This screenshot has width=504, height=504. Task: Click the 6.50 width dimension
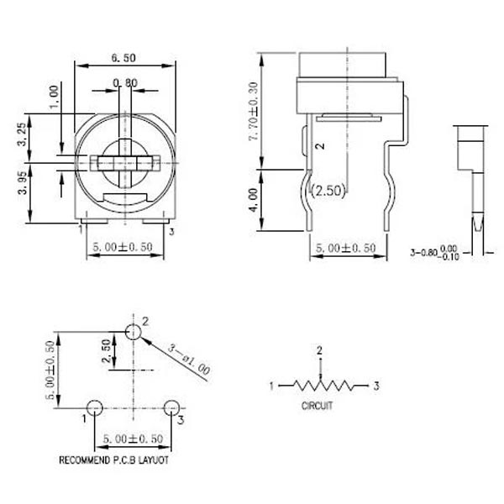coord(123,59)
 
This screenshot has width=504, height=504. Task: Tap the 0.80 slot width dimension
coord(125,82)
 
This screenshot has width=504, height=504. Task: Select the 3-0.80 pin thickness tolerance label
coord(436,252)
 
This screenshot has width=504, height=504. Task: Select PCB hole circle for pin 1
coord(94,408)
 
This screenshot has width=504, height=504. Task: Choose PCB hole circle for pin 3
coord(171,408)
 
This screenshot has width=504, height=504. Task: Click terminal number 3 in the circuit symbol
coord(377,386)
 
